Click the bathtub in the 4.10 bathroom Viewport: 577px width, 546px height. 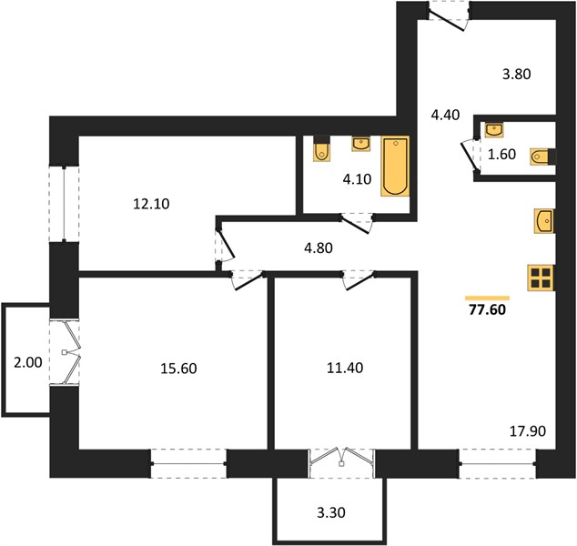395,166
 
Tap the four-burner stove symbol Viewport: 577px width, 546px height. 541,278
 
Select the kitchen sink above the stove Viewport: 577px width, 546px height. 544,221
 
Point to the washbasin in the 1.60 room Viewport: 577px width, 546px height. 494,130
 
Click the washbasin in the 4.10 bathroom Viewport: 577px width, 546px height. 361,144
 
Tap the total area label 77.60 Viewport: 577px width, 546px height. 487,309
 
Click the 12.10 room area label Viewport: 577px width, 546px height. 151,204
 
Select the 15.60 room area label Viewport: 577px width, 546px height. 178,368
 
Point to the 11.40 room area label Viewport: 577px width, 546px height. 345,368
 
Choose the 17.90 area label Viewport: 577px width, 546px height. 528,430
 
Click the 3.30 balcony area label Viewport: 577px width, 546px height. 331,512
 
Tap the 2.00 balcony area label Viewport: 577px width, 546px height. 28,362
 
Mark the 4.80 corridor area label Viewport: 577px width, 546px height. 319,248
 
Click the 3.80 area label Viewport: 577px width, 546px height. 517,74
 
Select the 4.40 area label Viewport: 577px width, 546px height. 445,115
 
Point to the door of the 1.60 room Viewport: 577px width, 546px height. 471,157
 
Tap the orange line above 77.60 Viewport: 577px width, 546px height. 487,298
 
